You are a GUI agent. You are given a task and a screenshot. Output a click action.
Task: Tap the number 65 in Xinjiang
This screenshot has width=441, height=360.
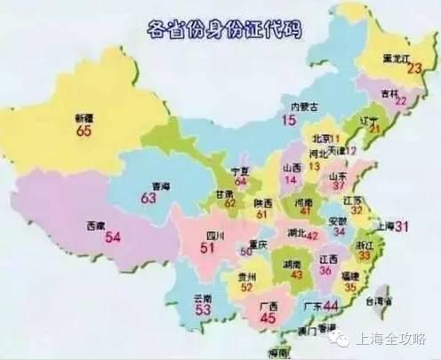(83, 130)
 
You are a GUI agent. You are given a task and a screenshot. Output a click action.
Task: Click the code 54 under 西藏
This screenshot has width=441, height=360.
(112, 237)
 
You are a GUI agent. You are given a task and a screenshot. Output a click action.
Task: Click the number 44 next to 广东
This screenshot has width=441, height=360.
(333, 306)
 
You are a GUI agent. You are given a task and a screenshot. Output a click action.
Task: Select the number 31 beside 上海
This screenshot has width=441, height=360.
(401, 227)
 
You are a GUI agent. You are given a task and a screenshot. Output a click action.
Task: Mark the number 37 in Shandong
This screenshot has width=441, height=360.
(338, 185)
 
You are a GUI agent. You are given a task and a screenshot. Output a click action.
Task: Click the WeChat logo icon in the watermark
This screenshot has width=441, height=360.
(338, 338)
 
